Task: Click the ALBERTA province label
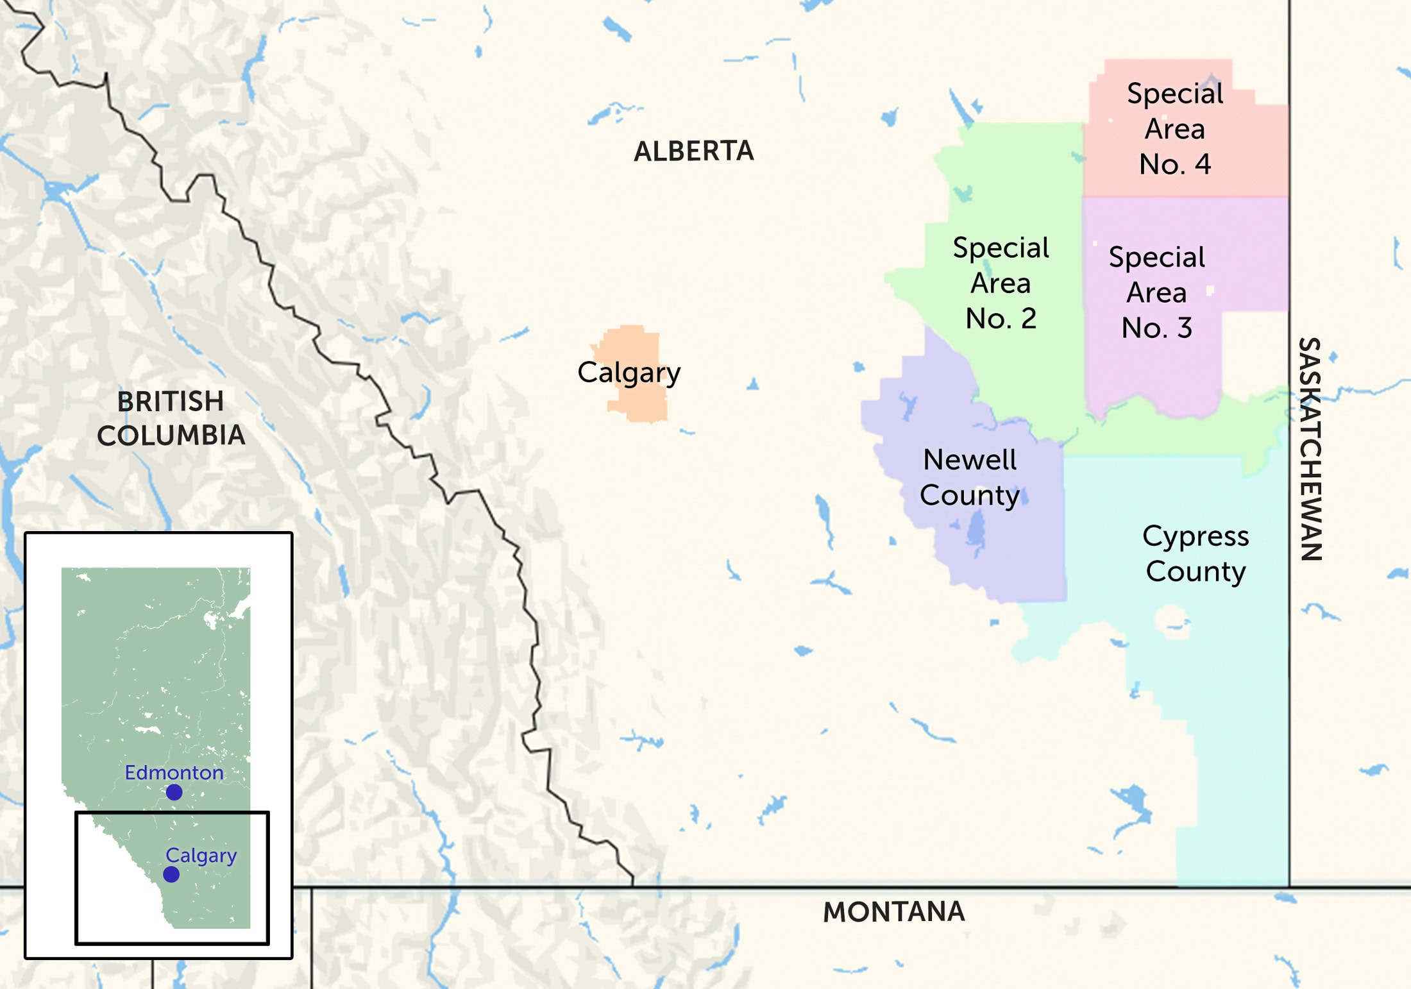pyautogui.click(x=693, y=151)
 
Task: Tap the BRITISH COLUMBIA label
pyautogui.click(x=171, y=418)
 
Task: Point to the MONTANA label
pyautogui.click(x=893, y=911)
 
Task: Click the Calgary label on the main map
pyautogui.click(x=629, y=373)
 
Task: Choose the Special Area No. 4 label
pyautogui.click(x=1175, y=129)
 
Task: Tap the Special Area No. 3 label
pyautogui.click(x=1157, y=292)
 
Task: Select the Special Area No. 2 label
pyautogui.click(x=1001, y=283)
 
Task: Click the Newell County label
pyautogui.click(x=969, y=477)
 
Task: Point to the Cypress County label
pyautogui.click(x=1196, y=553)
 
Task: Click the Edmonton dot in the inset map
pyautogui.click(x=174, y=793)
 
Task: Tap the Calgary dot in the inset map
pyautogui.click(x=171, y=874)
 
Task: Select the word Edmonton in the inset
pyautogui.click(x=174, y=772)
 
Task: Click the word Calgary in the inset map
pyautogui.click(x=201, y=855)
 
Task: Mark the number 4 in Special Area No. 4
pyautogui.click(x=1203, y=164)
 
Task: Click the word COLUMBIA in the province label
pyautogui.click(x=171, y=435)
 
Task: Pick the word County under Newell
pyautogui.click(x=969, y=495)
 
